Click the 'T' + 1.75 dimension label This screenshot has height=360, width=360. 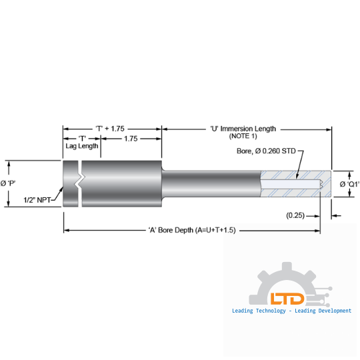[x=110, y=128]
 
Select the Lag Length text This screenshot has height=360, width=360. [x=81, y=145]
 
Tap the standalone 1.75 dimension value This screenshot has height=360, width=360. [x=131, y=139]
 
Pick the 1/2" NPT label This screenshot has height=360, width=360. [x=38, y=199]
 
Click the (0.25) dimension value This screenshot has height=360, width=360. [x=296, y=215]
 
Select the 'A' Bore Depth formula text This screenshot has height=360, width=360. [x=192, y=229]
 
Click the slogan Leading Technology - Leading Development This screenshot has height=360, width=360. [x=291, y=311]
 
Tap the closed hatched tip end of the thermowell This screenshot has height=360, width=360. [x=327, y=182]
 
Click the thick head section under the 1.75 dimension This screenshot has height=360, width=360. [x=123, y=183]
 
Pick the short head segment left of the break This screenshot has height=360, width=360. [x=70, y=183]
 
